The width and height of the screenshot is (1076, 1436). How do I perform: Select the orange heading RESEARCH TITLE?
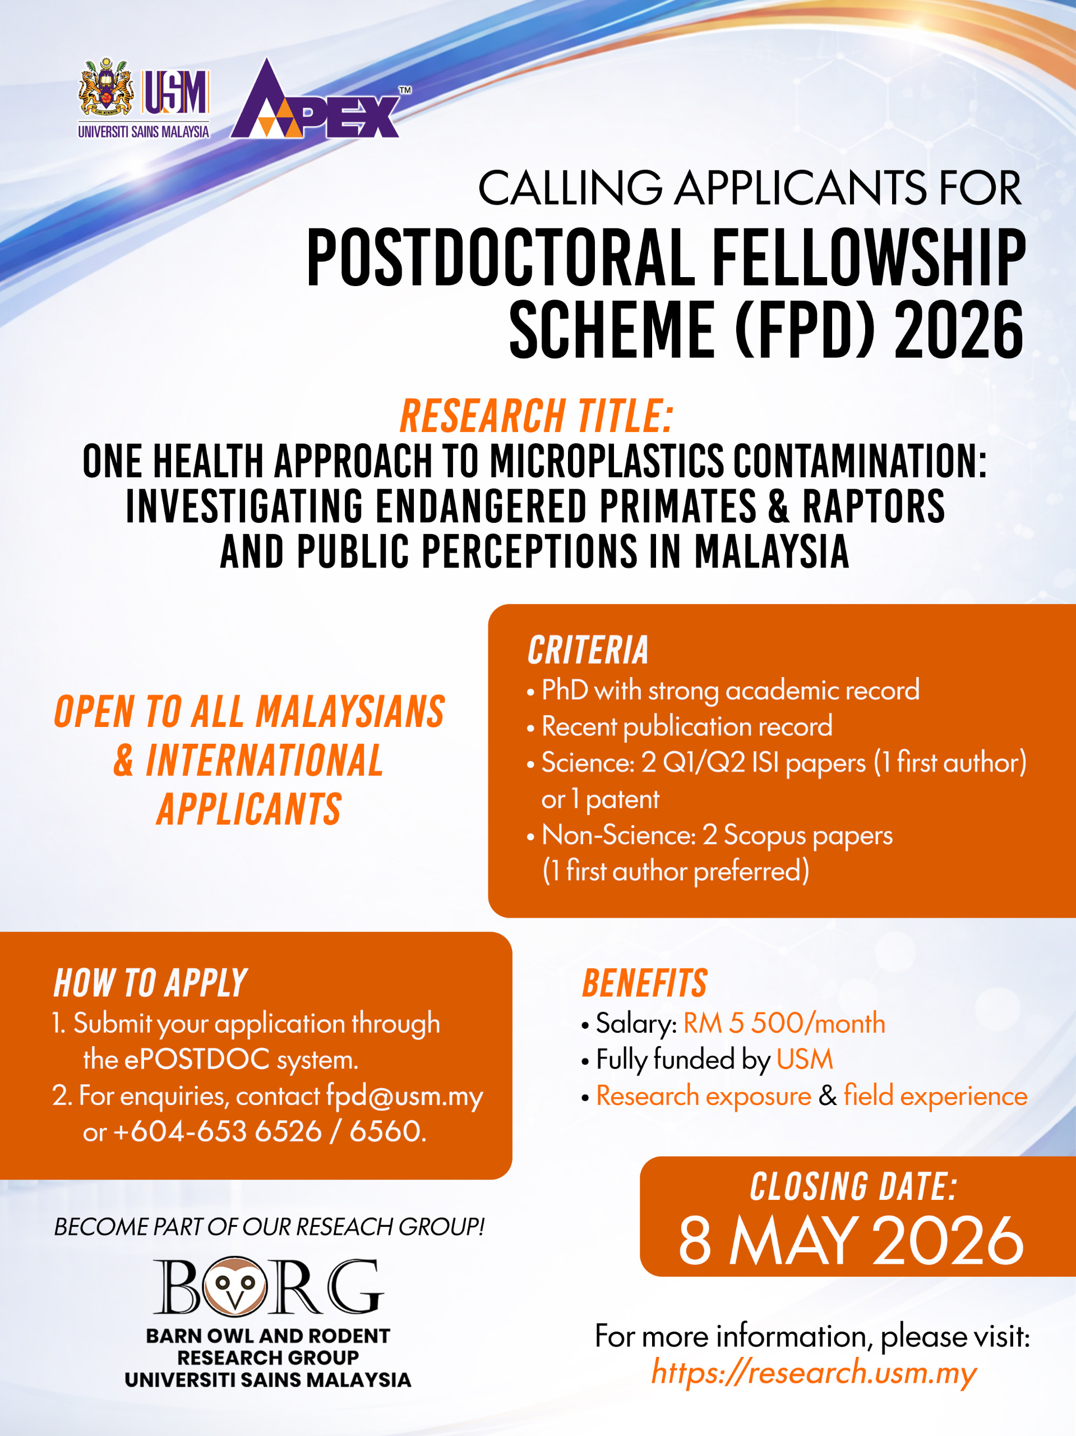pos(536,416)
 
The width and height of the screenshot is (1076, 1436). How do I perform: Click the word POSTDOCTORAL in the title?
pos(501,257)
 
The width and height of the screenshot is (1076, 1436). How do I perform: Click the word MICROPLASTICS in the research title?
pos(606,462)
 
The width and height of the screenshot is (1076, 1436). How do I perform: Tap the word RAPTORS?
pos(874,507)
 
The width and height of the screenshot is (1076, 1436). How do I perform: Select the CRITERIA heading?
pos(588,651)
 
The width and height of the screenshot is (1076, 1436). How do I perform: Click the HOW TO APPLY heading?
pos(151,983)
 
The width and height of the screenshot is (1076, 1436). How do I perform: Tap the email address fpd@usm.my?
pos(404,1097)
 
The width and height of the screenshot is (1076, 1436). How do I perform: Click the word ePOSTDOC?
pos(197,1060)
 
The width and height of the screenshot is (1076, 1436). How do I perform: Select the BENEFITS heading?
pos(644,983)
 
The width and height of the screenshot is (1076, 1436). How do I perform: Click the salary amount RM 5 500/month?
pos(784,1023)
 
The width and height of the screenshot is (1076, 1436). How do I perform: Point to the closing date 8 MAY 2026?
pos(851,1241)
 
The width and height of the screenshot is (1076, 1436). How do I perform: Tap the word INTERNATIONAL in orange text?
pos(264,761)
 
